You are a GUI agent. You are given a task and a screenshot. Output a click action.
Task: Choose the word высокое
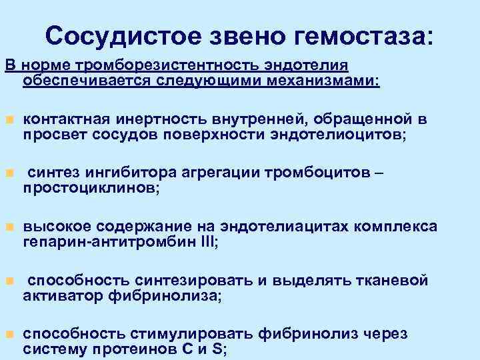52,227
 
